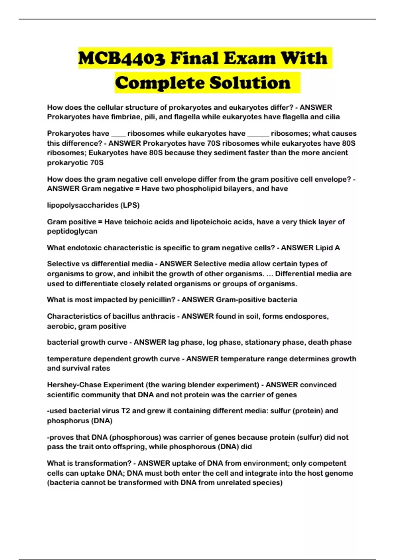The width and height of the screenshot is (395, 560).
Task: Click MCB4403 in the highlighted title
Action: pyautogui.click(x=121, y=58)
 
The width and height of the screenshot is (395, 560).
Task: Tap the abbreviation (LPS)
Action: pyautogui.click(x=130, y=205)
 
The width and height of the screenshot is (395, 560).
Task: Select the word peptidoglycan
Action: pyautogui.click(x=72, y=231)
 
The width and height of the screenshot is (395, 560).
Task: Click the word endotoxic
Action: pyautogui.click(x=85, y=248)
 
